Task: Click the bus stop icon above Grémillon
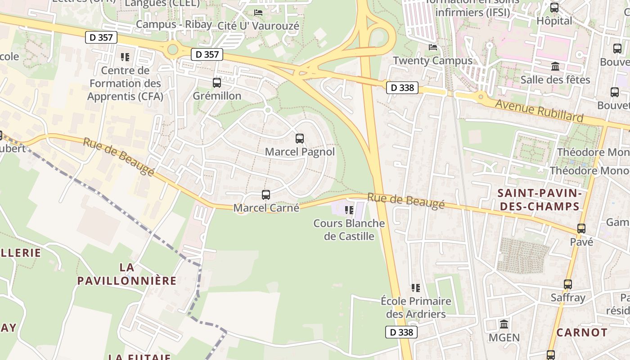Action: (217, 83)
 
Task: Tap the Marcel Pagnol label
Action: (300, 152)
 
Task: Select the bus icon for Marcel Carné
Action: (266, 195)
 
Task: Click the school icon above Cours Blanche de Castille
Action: (349, 210)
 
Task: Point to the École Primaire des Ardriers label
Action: (416, 307)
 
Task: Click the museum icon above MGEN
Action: (504, 324)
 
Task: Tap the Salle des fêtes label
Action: (555, 80)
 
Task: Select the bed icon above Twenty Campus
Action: (433, 47)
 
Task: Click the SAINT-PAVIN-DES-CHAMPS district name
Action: (538, 200)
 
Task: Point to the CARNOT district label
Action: (582, 333)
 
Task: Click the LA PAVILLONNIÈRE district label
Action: (127, 274)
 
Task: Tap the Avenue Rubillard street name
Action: (539, 111)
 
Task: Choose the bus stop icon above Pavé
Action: (581, 229)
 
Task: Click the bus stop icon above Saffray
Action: (568, 284)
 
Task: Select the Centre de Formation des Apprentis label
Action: (125, 83)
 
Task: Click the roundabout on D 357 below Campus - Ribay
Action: (173, 50)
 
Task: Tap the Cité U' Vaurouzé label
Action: (258, 26)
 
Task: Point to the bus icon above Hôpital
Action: (554, 8)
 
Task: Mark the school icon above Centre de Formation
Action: (125, 57)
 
